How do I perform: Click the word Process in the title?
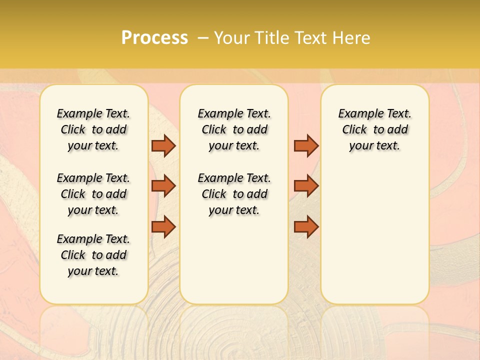pos(154,38)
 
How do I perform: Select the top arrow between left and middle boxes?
pos(163,145)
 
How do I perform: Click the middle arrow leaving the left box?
pos(163,186)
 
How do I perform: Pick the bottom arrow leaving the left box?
pos(163,226)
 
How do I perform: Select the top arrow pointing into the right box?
pos(306,145)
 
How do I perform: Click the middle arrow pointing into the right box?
pos(306,186)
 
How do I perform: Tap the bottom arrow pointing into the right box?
pos(306,226)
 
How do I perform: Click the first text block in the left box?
pos(93,129)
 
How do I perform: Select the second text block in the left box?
pos(93,194)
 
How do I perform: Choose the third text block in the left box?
pos(93,255)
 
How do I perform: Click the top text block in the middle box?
pos(234,129)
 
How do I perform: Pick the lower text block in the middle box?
pos(234,194)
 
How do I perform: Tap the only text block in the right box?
pos(374,129)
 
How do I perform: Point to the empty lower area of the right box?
pos(374,235)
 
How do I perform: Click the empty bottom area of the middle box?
pos(234,265)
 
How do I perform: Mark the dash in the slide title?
pos(202,38)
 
